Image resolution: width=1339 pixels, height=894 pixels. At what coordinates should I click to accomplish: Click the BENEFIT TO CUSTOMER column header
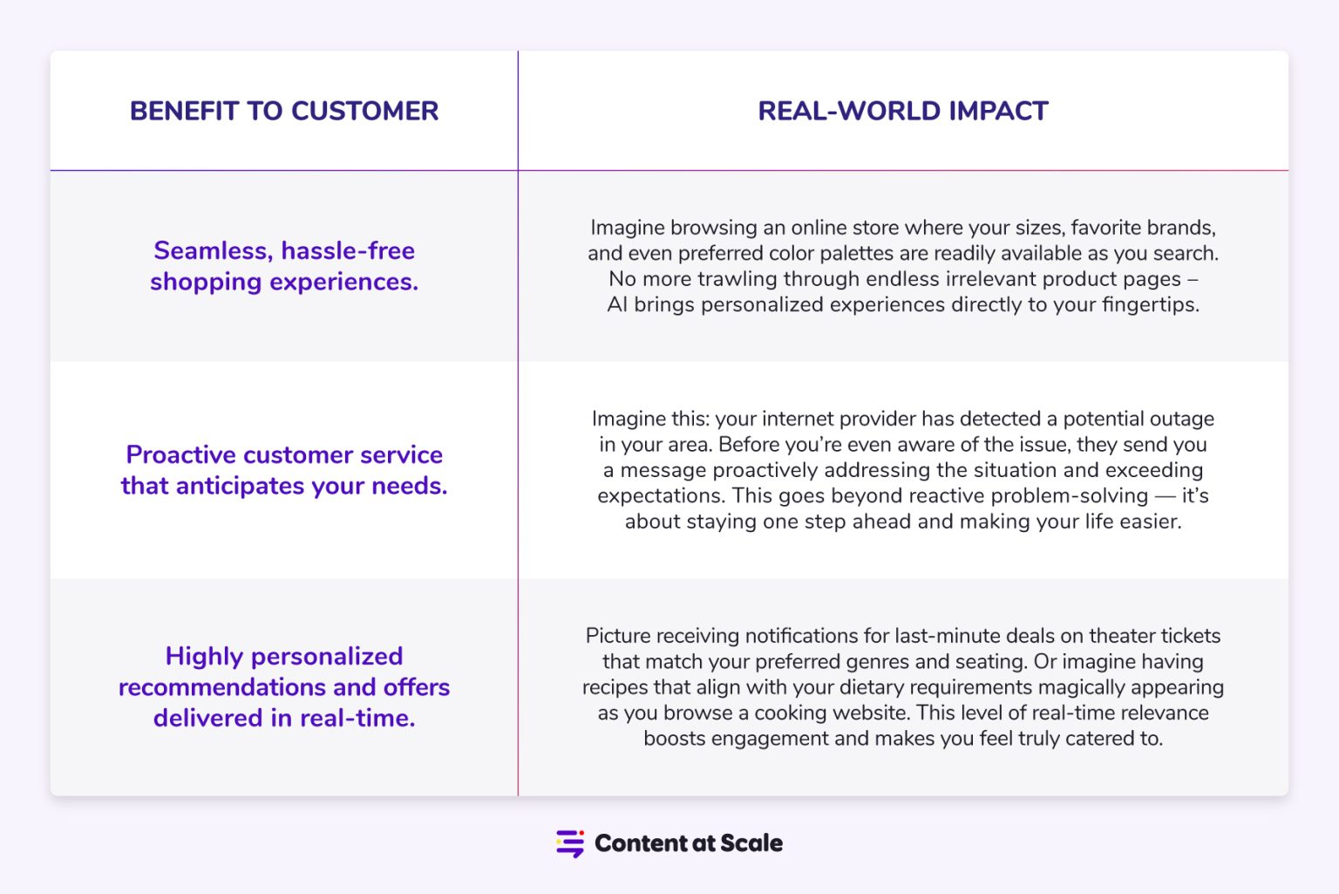click(x=284, y=111)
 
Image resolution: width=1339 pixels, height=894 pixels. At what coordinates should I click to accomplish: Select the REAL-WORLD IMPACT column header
click(x=902, y=111)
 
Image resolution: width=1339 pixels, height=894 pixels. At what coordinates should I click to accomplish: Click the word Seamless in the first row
click(x=212, y=251)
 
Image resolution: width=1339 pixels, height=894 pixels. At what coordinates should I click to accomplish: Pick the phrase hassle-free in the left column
click(x=348, y=251)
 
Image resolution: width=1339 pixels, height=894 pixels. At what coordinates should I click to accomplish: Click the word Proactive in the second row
click(x=180, y=454)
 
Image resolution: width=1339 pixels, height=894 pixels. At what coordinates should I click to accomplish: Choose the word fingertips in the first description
click(x=1150, y=304)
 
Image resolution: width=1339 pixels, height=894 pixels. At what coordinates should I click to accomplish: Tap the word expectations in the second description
click(x=660, y=495)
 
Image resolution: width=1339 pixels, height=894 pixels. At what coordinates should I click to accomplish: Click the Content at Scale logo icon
click(x=570, y=843)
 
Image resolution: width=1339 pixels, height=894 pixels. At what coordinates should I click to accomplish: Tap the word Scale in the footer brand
click(x=751, y=843)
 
